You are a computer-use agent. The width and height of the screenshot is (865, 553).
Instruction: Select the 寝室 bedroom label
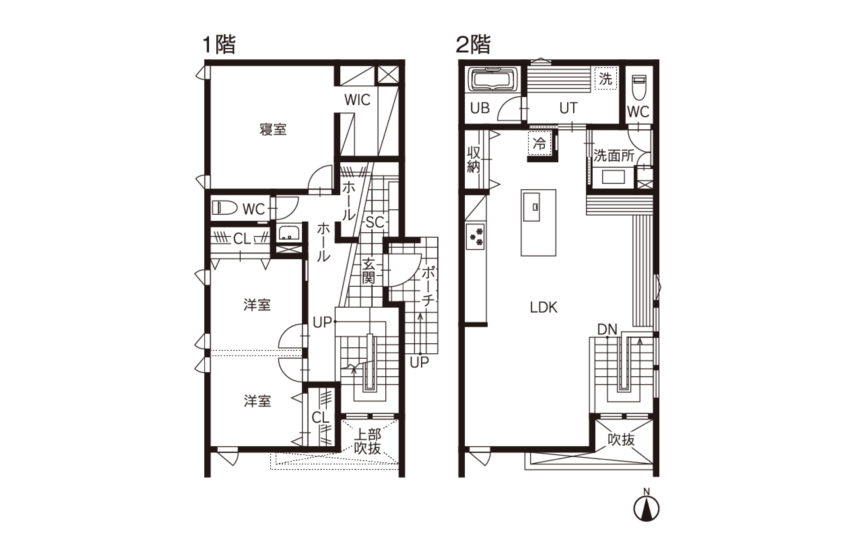pos(273,130)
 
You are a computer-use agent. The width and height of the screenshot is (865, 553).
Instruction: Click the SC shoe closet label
pos(375,223)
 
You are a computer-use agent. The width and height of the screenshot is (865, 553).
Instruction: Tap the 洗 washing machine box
pos(606,78)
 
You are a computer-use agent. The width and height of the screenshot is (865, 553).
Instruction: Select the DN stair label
pos(607,329)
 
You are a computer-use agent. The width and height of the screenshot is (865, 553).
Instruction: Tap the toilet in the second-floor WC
pos(639,87)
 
